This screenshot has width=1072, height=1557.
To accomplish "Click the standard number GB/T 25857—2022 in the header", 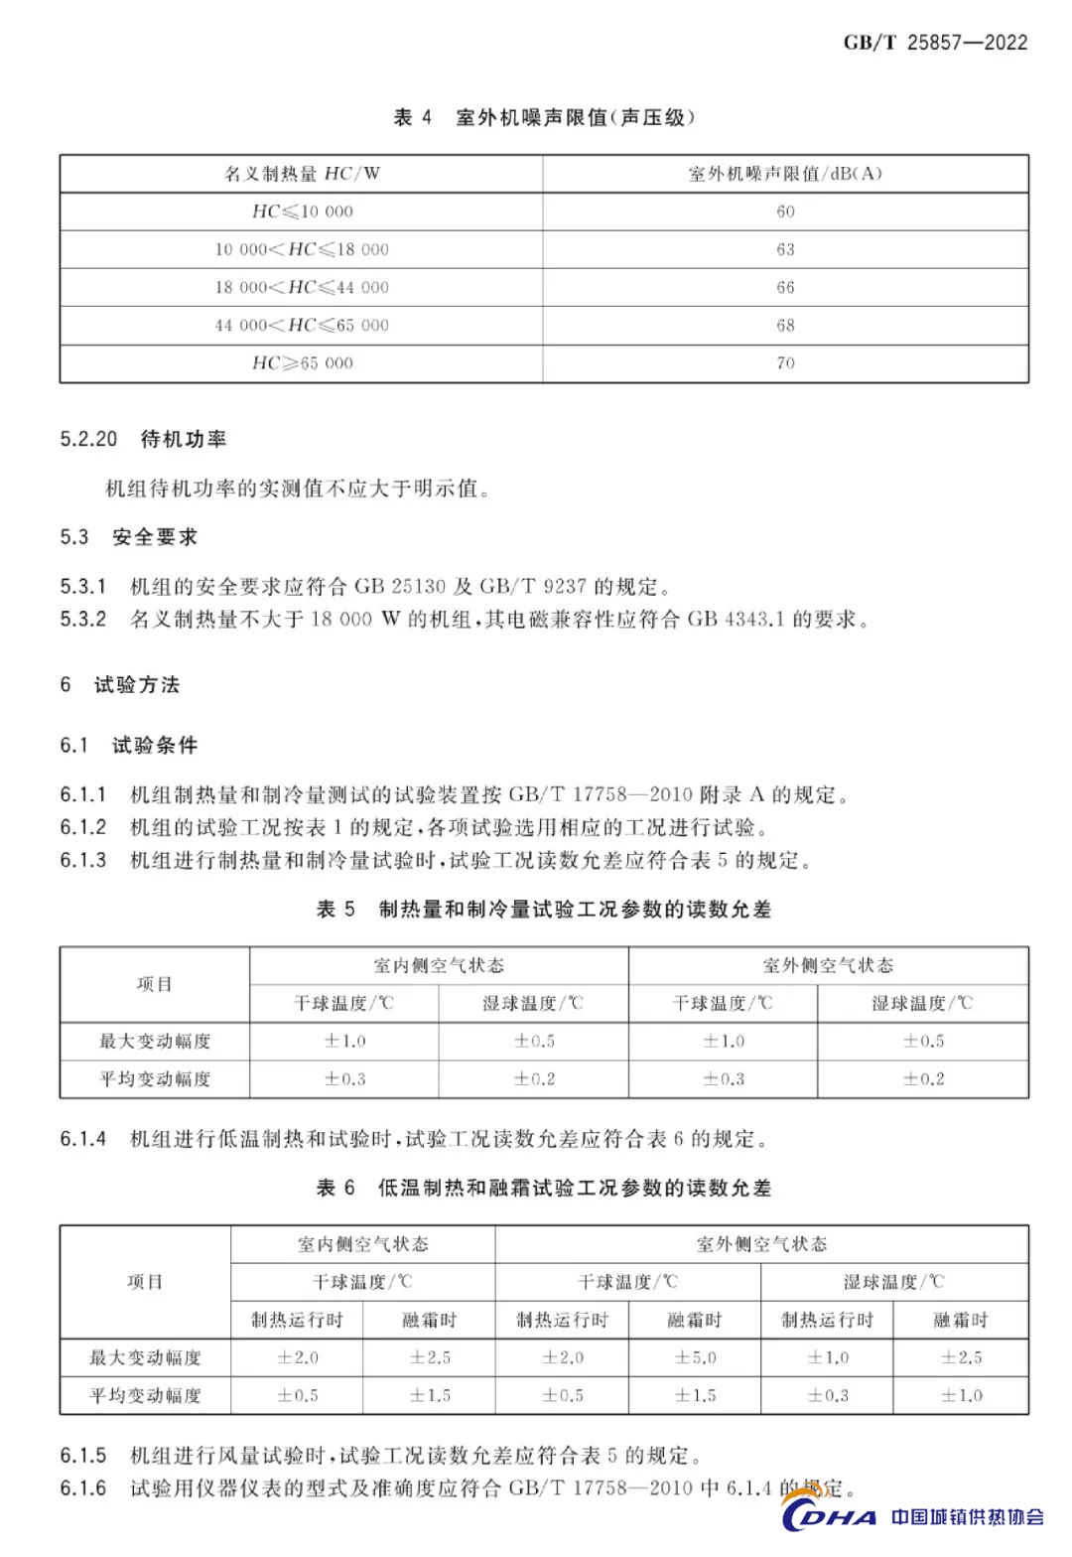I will click(935, 42).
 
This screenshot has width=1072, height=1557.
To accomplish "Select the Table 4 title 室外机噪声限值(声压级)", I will click(575, 117).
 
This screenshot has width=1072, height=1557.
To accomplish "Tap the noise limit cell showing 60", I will click(785, 212).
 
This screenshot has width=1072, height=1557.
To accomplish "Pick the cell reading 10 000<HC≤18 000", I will click(302, 249).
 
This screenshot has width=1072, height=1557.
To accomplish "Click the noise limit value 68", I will click(785, 325).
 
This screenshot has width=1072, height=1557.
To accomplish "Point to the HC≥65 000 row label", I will click(302, 362).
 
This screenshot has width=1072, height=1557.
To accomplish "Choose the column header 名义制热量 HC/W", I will click(302, 174).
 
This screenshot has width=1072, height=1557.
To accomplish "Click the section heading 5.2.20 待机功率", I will click(143, 439).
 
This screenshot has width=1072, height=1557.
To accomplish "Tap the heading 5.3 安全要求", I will click(129, 537).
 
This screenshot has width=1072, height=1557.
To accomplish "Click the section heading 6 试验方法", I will click(120, 684).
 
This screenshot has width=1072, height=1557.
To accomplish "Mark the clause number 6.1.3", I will click(82, 860).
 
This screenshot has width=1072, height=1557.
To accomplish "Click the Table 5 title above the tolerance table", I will click(544, 909).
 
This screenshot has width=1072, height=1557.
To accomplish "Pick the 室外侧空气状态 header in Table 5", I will click(828, 965).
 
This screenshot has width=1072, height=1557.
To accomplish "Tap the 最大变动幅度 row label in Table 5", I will click(155, 1041).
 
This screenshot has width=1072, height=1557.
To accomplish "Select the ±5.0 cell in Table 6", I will click(695, 1357).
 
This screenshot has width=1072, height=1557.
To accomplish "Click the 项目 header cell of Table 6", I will click(145, 1281).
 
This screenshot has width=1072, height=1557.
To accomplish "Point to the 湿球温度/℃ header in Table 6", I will click(894, 1282).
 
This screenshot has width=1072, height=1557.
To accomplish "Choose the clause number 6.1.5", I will click(82, 1456).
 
